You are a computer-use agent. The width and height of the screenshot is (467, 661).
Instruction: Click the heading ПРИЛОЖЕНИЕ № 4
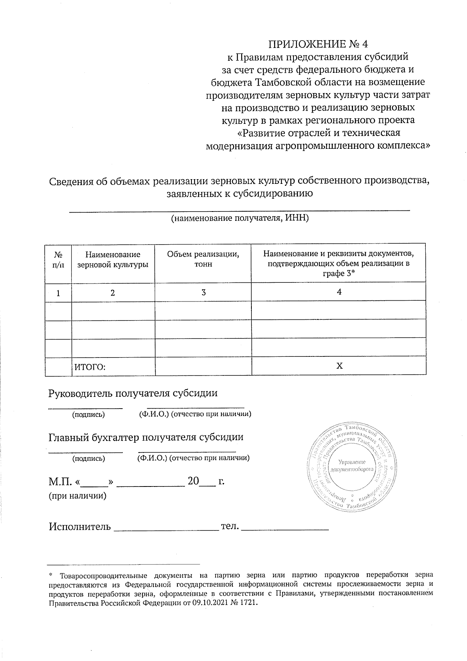point(318,43)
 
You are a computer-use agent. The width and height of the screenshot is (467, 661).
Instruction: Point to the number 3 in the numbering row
point(204,293)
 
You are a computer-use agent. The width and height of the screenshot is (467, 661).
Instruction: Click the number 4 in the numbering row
point(339,292)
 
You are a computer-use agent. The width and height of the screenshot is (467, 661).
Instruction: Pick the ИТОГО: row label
point(90,367)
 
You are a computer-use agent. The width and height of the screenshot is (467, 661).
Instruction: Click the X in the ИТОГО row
point(339,366)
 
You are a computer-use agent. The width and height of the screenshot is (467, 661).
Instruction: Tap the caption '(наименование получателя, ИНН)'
point(240,218)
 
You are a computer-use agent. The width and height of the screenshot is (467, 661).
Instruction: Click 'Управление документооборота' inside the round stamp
point(351,465)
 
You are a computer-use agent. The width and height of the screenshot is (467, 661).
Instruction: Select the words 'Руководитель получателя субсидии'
point(133,393)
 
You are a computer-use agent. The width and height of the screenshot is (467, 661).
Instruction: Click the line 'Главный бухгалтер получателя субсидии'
point(146,437)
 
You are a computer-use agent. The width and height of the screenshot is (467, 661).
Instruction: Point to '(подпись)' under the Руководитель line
point(89,414)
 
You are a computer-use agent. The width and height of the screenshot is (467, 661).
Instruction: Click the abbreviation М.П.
point(60,482)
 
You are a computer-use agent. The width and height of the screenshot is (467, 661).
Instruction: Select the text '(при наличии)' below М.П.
point(77,496)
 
